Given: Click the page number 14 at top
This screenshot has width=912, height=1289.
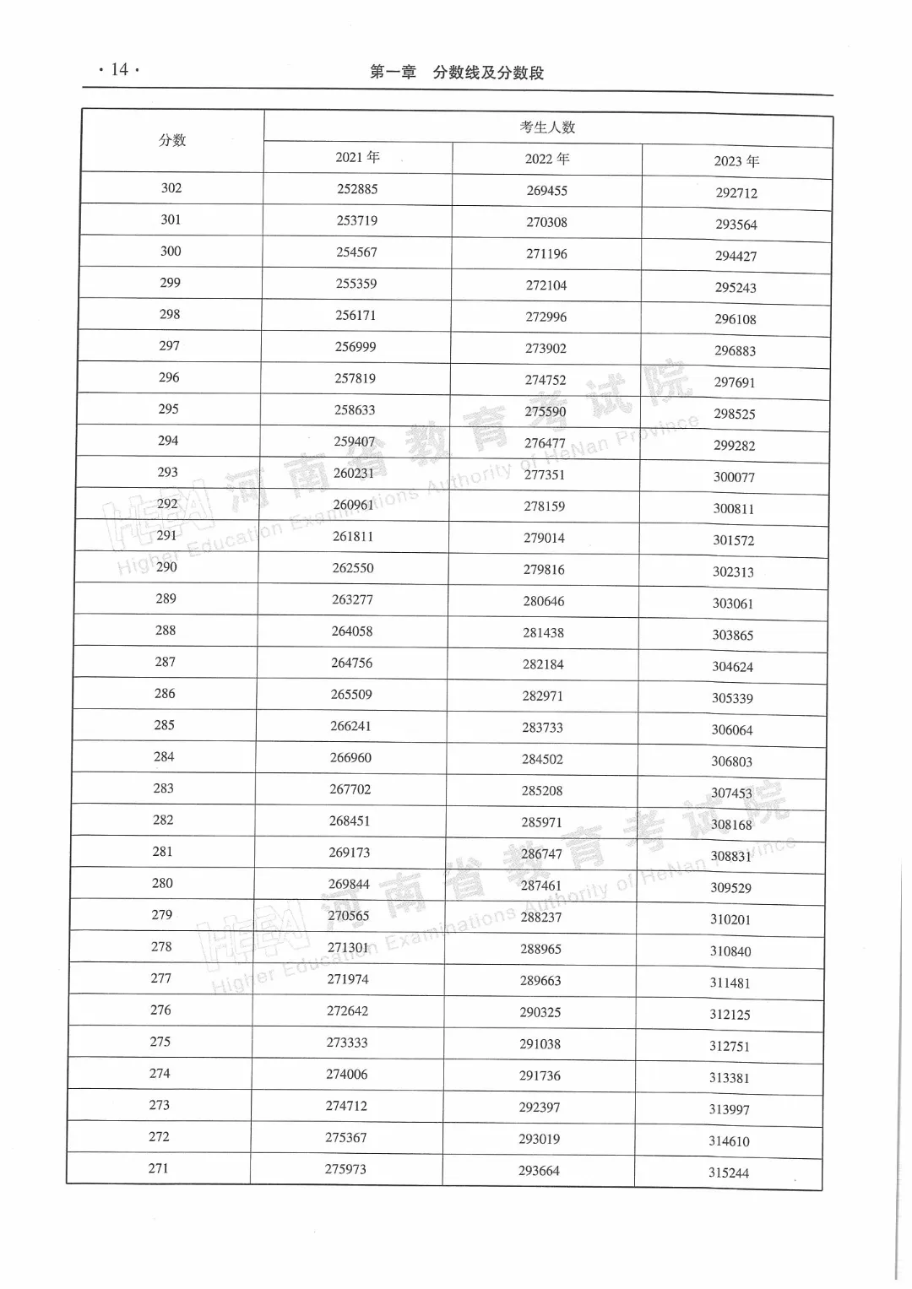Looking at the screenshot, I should [x=119, y=69].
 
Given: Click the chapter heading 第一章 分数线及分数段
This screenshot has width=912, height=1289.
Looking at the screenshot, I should [x=457, y=73].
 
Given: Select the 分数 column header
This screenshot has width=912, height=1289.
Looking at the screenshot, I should [x=172, y=140].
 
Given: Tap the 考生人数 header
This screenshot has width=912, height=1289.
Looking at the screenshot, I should [x=547, y=127].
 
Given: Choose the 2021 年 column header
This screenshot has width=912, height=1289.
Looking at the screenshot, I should [x=357, y=157].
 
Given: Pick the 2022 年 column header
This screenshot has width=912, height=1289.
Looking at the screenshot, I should [x=547, y=159].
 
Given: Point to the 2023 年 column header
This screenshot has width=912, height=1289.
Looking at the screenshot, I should [x=736, y=161].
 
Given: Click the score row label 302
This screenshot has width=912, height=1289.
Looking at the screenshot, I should [x=171, y=188].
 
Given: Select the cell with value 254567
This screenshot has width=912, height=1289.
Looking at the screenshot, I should [x=356, y=252].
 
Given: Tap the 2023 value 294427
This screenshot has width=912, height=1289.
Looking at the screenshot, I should [x=736, y=256].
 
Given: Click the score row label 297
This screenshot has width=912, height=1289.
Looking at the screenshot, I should [x=169, y=346].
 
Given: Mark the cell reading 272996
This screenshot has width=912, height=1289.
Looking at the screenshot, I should [x=546, y=317].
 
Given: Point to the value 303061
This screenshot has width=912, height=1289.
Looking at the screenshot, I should [x=732, y=604].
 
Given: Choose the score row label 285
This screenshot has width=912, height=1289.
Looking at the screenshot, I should [x=164, y=725].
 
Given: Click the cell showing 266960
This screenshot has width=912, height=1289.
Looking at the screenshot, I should [x=350, y=758].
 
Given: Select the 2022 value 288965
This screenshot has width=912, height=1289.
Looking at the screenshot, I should [x=540, y=949].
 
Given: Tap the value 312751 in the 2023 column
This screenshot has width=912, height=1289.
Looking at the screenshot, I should [x=729, y=1046].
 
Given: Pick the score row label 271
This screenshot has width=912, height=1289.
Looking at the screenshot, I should [x=158, y=1168].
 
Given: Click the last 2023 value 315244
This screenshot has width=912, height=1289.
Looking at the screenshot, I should [x=728, y=1173].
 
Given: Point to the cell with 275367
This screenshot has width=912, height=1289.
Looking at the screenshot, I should [x=346, y=1138].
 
